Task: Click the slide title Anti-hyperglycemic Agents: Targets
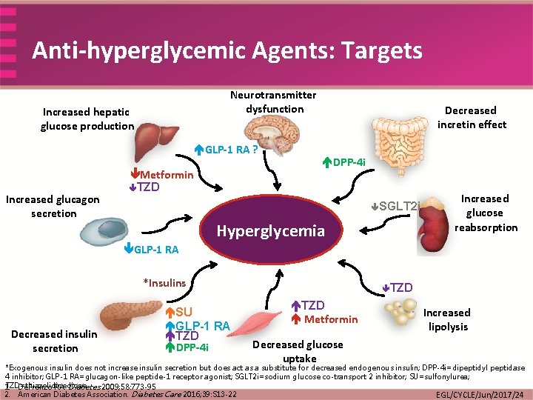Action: point(227,50)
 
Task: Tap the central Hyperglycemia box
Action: point(270,231)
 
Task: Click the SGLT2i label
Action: point(399,205)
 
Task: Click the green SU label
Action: point(184,313)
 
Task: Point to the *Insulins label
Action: point(164,282)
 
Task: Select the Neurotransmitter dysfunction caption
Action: point(273,101)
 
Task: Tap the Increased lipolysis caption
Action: point(446,319)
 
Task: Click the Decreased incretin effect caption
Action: point(471,117)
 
